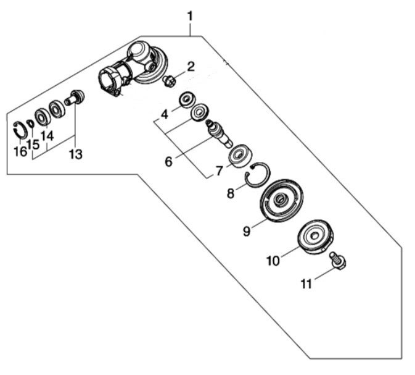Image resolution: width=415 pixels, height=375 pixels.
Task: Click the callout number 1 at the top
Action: click(x=191, y=17)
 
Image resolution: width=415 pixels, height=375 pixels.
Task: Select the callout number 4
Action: click(x=165, y=115)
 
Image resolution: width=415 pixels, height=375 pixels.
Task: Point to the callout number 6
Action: click(x=168, y=161)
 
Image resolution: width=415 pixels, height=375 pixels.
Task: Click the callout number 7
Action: click(x=219, y=171)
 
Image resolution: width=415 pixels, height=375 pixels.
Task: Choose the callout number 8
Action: click(x=231, y=193)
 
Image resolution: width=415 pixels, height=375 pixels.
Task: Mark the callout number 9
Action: click(x=247, y=231)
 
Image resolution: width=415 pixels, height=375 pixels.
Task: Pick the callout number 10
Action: click(x=273, y=261)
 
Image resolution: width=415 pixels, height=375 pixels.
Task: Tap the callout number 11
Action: click(x=306, y=284)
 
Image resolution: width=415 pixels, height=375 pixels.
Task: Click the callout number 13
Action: click(x=76, y=154)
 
